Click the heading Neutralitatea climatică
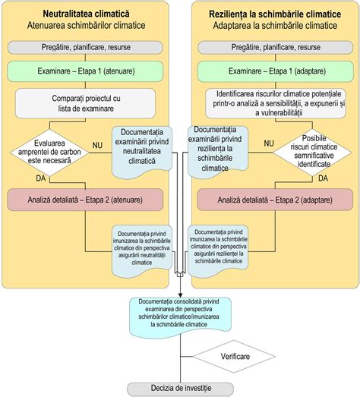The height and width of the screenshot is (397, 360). [x=86, y=14]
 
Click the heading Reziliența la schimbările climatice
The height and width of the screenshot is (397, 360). [x=275, y=14]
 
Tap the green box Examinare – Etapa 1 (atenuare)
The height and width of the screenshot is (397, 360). [x=86, y=73]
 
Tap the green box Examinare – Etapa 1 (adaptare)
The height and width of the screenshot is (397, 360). [x=275, y=73]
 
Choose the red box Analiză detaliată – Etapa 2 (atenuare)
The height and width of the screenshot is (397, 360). [x=86, y=200]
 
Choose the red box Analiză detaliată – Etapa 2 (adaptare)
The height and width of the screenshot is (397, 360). [x=275, y=200]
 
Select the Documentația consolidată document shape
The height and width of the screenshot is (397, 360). [x=180, y=311]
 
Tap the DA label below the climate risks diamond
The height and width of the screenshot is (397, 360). [x=323, y=178]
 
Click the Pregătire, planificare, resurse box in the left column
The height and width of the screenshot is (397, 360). [x=86, y=47]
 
